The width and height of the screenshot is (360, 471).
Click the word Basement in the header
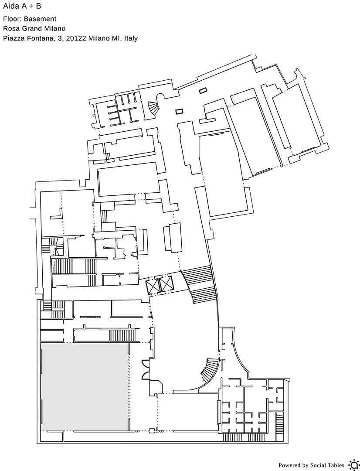(x=40, y=19)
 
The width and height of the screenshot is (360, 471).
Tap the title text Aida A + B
(x=22, y=6)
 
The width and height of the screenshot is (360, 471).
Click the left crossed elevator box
(x=153, y=286)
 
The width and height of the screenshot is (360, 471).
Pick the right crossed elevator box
(x=167, y=284)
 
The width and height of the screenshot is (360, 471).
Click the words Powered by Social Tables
(x=311, y=465)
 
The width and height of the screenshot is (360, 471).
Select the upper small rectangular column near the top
(x=203, y=90)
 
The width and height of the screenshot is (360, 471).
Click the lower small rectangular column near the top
(x=180, y=112)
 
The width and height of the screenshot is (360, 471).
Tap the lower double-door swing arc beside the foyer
(x=145, y=376)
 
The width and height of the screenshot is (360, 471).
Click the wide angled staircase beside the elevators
(x=199, y=284)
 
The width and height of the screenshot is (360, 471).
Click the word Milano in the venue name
(x=55, y=28)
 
